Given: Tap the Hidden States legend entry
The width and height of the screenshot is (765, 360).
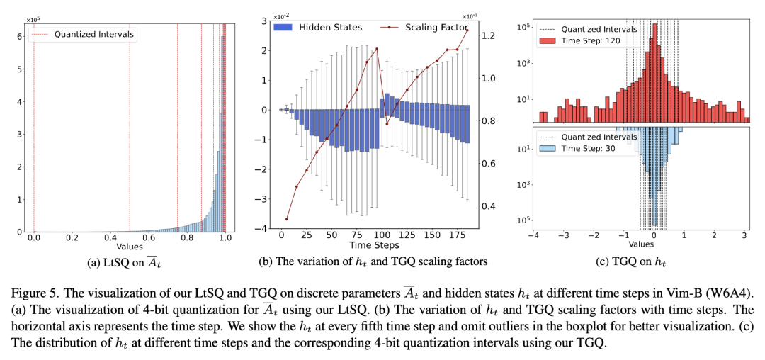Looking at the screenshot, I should point(330,28).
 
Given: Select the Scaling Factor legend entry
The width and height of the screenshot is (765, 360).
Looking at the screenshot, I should point(436,28).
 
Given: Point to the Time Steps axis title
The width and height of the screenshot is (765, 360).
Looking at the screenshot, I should point(375,245).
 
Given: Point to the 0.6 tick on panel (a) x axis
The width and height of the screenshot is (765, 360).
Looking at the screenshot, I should point(149,239).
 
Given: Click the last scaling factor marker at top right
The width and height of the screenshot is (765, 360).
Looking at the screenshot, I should point(467,30).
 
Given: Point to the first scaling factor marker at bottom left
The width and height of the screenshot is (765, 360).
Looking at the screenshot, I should point(287,219).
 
